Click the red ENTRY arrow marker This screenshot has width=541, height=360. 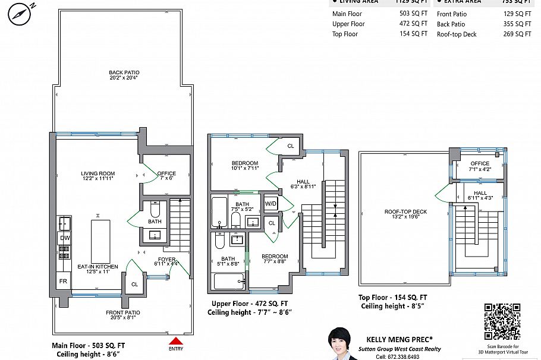(176, 341)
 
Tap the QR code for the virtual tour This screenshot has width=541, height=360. (502, 321)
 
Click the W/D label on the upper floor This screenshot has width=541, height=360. (271, 204)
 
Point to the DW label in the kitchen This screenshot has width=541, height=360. (64, 238)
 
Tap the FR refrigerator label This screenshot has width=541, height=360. (63, 280)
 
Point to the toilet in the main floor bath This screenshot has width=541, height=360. (155, 209)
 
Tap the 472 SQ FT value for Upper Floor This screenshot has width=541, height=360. (413, 24)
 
